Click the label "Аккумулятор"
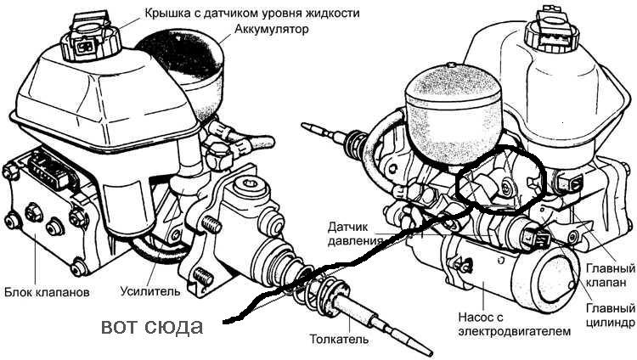point(272,29)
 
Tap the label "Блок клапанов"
point(47,292)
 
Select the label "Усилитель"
point(149,291)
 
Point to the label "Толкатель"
point(339,339)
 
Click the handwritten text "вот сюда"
point(151,326)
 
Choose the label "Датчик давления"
point(354,233)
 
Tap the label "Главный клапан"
point(610,275)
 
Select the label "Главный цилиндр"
point(611,315)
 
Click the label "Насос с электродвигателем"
point(515,323)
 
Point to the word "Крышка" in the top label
point(165,13)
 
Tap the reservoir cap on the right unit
point(551,31)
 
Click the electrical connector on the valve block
point(49,170)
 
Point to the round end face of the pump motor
point(556,280)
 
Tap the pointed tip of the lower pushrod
point(431,354)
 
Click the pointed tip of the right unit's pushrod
point(303,124)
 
